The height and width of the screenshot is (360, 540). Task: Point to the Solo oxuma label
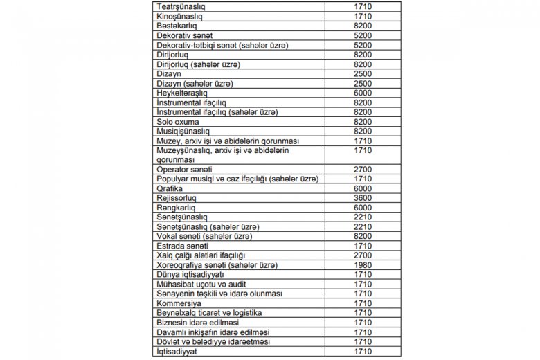[x=178, y=122]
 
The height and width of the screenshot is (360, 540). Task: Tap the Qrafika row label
[x=169, y=189]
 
